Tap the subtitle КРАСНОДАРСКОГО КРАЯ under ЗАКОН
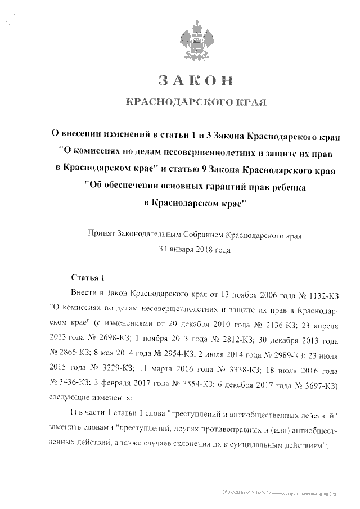[x=195, y=102]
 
